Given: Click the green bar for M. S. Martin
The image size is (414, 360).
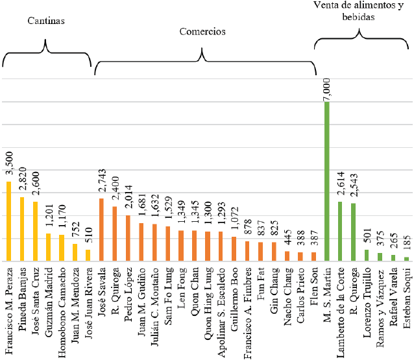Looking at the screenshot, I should pos(327,182).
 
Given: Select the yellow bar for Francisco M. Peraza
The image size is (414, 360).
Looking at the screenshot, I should pos(9,221).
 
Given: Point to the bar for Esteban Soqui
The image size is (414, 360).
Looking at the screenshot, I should pos(407,258).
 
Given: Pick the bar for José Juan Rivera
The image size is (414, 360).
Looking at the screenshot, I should pos(88,255).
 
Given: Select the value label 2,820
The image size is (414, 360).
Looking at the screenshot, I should pos(22,183).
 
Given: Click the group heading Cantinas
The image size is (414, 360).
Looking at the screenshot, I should pos(46,21).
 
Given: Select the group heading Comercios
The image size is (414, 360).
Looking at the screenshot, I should pos(202,30).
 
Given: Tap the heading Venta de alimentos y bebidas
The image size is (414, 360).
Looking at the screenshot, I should pos(362,11).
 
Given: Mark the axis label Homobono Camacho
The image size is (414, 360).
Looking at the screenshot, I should pos(62,298).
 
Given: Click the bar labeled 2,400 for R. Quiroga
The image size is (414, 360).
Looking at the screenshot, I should pos(115,234).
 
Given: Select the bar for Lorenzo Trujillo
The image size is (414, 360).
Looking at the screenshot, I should pos(367,255).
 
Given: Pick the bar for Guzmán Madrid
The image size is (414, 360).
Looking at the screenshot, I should pos(49,246).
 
